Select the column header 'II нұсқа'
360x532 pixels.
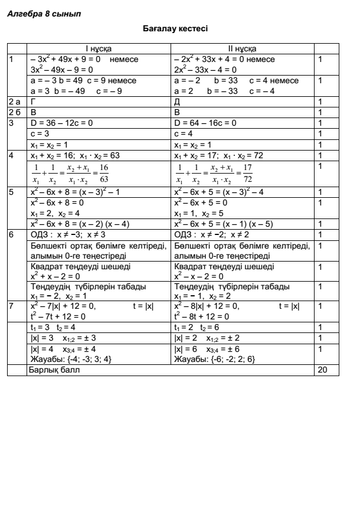pyautogui.click(x=244, y=48)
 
